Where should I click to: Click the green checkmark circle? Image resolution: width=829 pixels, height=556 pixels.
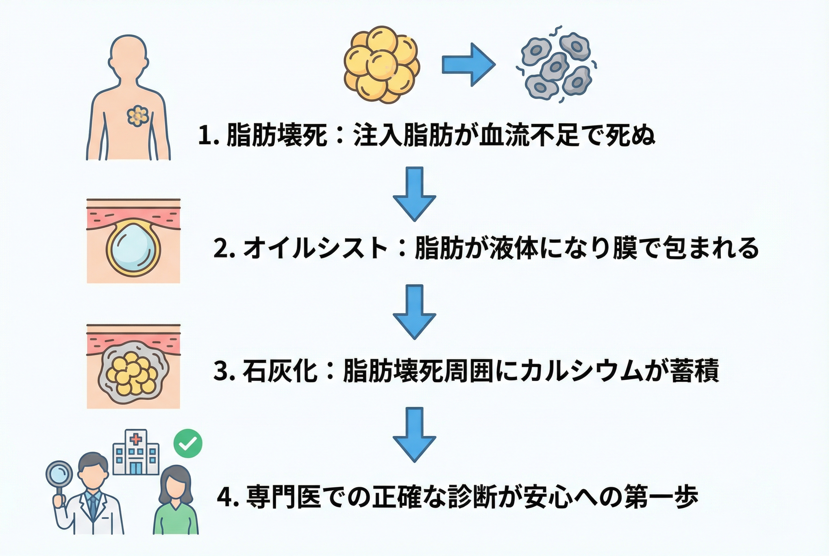pyautogui.click(x=188, y=443)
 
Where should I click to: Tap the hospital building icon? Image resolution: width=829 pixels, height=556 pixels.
pyautogui.click(x=136, y=453)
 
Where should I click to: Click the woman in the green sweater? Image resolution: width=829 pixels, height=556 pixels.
pyautogui.click(x=175, y=502)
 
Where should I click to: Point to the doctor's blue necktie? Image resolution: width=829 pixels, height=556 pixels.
pyautogui.click(x=93, y=505)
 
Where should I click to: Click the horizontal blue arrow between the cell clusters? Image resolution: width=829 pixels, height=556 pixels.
pyautogui.click(x=468, y=65)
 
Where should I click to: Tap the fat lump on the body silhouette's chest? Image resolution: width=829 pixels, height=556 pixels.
pyautogui.click(x=138, y=116)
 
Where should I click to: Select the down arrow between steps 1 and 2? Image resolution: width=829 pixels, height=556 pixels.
pyautogui.click(x=414, y=194)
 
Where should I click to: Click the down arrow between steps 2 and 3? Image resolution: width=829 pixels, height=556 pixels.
pyautogui.click(x=414, y=312)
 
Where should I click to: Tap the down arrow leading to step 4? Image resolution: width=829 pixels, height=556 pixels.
pyautogui.click(x=414, y=434)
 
